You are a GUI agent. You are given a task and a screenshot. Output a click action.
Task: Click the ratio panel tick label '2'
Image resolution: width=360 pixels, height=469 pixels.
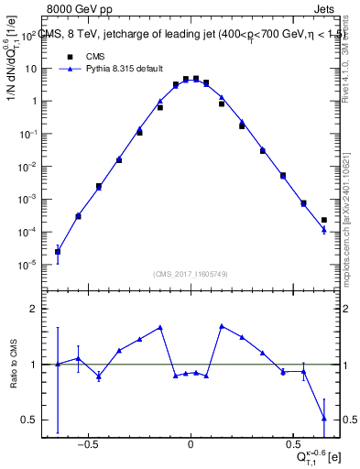pos(33,310)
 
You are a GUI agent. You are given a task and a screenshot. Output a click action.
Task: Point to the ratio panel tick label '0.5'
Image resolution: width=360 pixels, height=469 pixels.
pos(28,420)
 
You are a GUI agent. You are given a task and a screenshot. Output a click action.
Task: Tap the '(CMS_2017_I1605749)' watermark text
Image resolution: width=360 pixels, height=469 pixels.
pos(191,275)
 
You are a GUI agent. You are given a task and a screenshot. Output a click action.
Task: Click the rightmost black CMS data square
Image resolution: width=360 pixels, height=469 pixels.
pos(324,220)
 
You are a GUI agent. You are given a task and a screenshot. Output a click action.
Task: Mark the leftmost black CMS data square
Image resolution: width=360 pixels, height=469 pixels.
pos(58,251)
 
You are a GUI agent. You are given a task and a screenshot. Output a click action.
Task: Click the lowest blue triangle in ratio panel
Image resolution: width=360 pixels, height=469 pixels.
pos(324,419)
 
